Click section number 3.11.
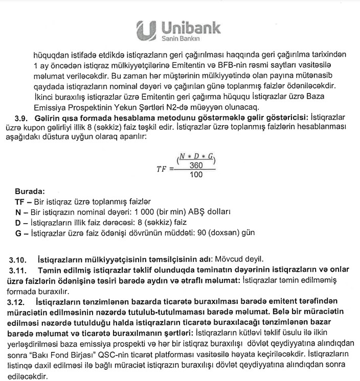[19, 270]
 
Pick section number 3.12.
[18, 303]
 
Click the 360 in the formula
[196, 165]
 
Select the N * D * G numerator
[197, 157]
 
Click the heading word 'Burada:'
[30, 192]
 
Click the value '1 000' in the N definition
[142, 212]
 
